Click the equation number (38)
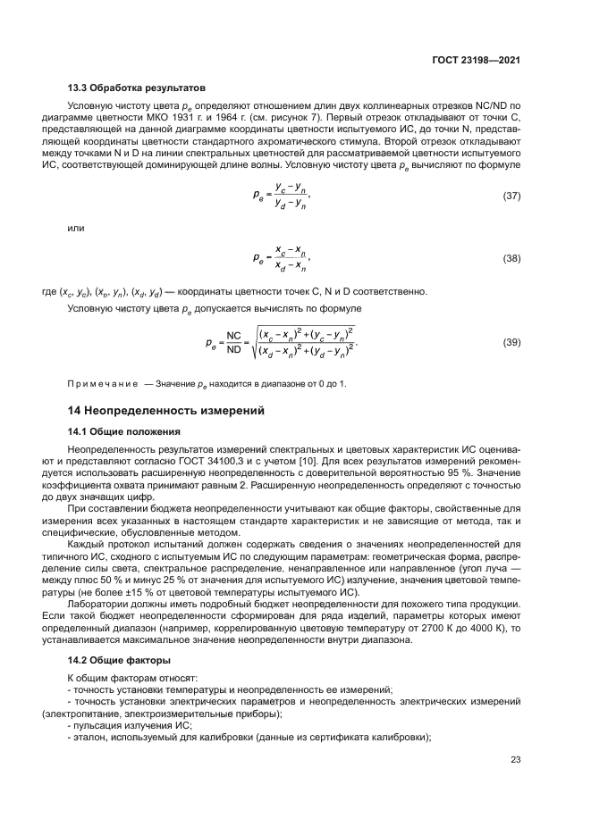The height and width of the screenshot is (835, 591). pyautogui.click(x=511, y=259)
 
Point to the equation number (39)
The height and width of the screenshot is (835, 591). pyautogui.click(x=511, y=343)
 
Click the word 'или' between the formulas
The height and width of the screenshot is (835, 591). pyautogui.click(x=77, y=228)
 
